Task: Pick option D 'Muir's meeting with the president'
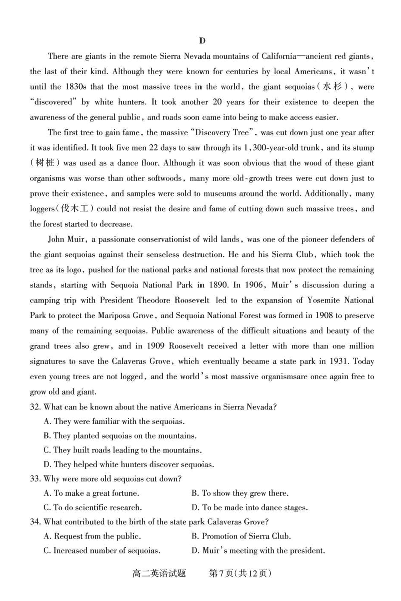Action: (258, 551)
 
